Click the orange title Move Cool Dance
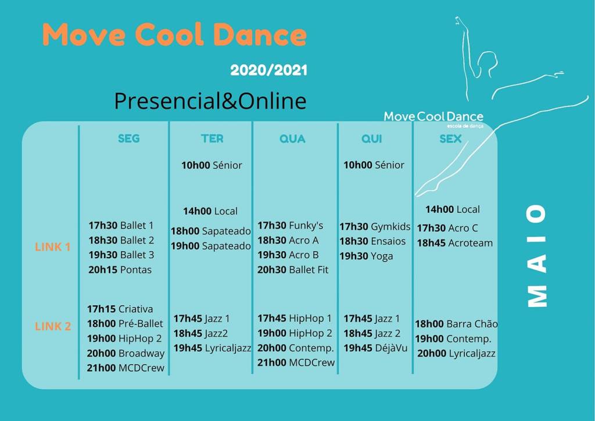click(174, 34)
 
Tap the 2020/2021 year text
click(268, 70)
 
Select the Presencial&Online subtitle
click(210, 101)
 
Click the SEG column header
click(128, 138)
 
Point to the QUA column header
click(292, 139)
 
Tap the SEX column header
click(450, 139)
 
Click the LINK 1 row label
click(53, 247)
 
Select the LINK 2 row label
click(53, 326)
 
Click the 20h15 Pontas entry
click(120, 270)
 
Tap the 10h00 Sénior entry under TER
click(212, 165)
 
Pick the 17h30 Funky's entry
click(291, 226)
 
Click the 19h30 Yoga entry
click(366, 256)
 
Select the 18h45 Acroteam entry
click(454, 243)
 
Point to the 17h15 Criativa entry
click(120, 309)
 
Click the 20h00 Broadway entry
click(126, 354)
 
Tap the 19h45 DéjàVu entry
click(375, 348)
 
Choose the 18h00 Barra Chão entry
click(456, 324)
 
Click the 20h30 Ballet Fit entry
click(293, 270)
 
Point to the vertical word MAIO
click(537, 255)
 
